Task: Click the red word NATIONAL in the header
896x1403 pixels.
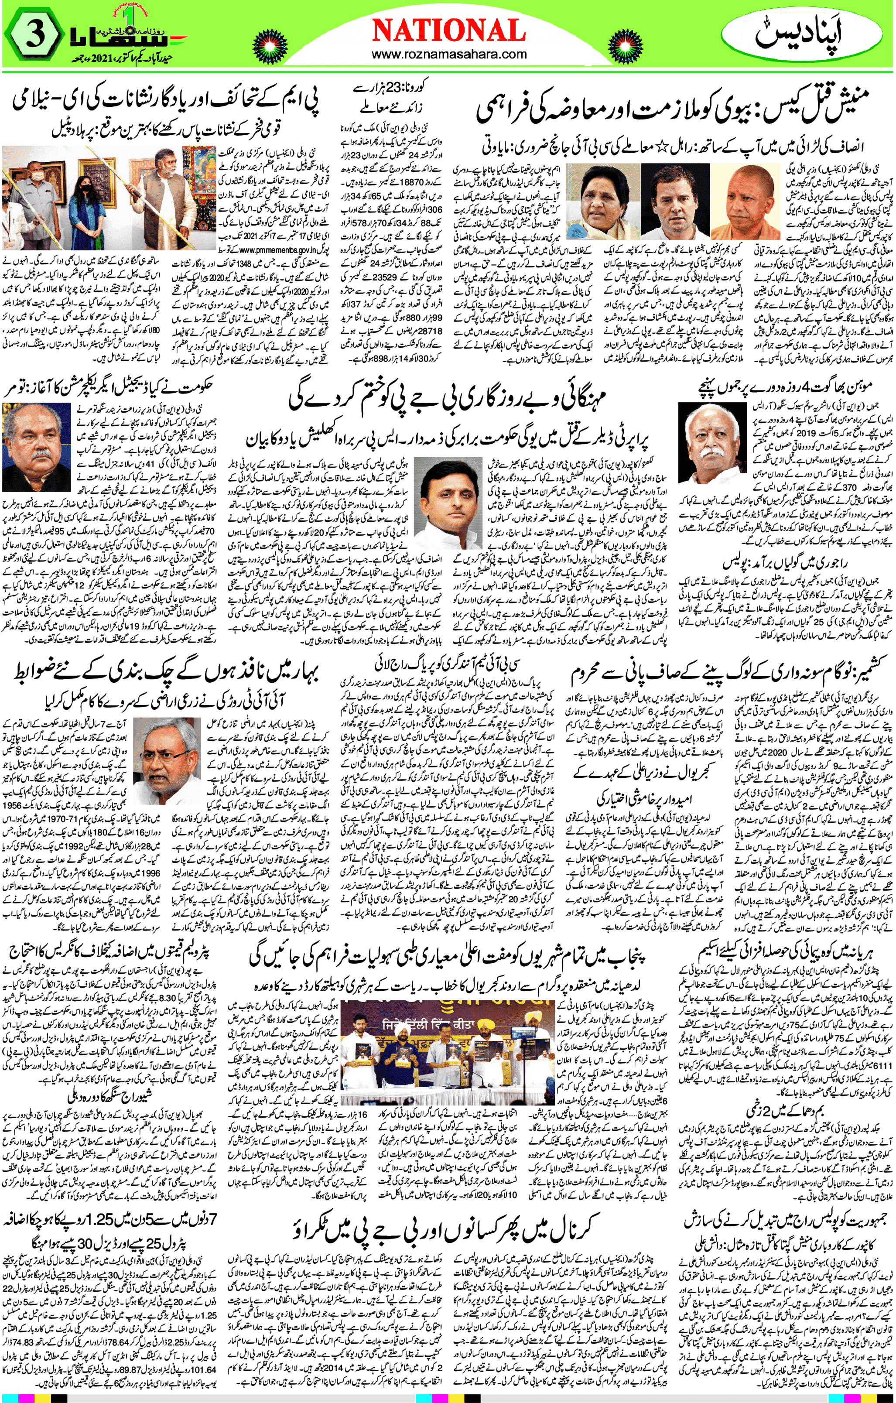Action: click(448, 30)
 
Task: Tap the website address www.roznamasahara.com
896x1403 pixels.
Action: click(448, 55)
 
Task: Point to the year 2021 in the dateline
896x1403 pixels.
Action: click(116, 59)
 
